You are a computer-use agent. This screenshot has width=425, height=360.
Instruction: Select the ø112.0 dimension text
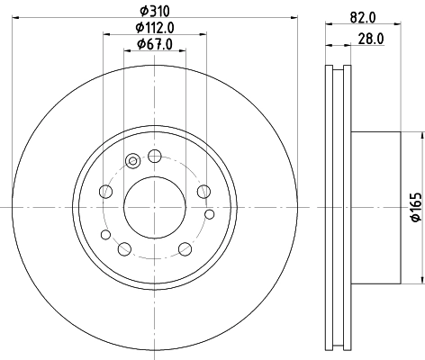pyautogui.click(x=155, y=28)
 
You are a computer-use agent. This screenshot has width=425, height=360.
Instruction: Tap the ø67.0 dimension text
pyautogui.click(x=155, y=45)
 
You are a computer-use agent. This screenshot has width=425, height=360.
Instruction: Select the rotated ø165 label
pyautogui.click(x=416, y=208)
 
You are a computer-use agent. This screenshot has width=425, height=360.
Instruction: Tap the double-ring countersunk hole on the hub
pyautogui.click(x=133, y=161)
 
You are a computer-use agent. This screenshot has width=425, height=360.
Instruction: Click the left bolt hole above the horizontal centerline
pyautogui.click(x=107, y=191)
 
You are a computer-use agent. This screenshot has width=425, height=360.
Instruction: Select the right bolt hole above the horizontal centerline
pyautogui.click(x=203, y=191)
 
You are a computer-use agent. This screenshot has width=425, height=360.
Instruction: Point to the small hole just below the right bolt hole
pyautogui.click(x=210, y=213)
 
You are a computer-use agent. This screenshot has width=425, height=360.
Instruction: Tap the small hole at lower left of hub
pyautogui.click(x=105, y=235)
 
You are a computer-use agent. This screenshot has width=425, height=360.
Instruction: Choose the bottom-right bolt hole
pyautogui.click(x=185, y=247)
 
